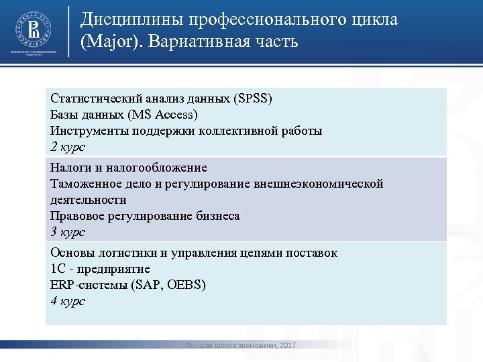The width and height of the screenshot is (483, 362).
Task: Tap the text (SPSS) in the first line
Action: tap(252, 99)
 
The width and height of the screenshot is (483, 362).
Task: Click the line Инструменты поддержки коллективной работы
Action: tap(186, 131)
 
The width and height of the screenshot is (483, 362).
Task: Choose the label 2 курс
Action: tap(68, 147)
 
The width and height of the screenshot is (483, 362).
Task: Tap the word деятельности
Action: tap(88, 200)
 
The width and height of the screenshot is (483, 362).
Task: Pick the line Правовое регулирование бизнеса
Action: tap(145, 216)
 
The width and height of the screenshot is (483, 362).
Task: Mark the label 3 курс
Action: tap(68, 232)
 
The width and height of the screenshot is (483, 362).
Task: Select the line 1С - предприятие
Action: tap(100, 269)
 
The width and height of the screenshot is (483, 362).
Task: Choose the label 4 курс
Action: tap(68, 301)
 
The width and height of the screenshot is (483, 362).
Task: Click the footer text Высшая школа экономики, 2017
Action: tap(241, 345)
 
